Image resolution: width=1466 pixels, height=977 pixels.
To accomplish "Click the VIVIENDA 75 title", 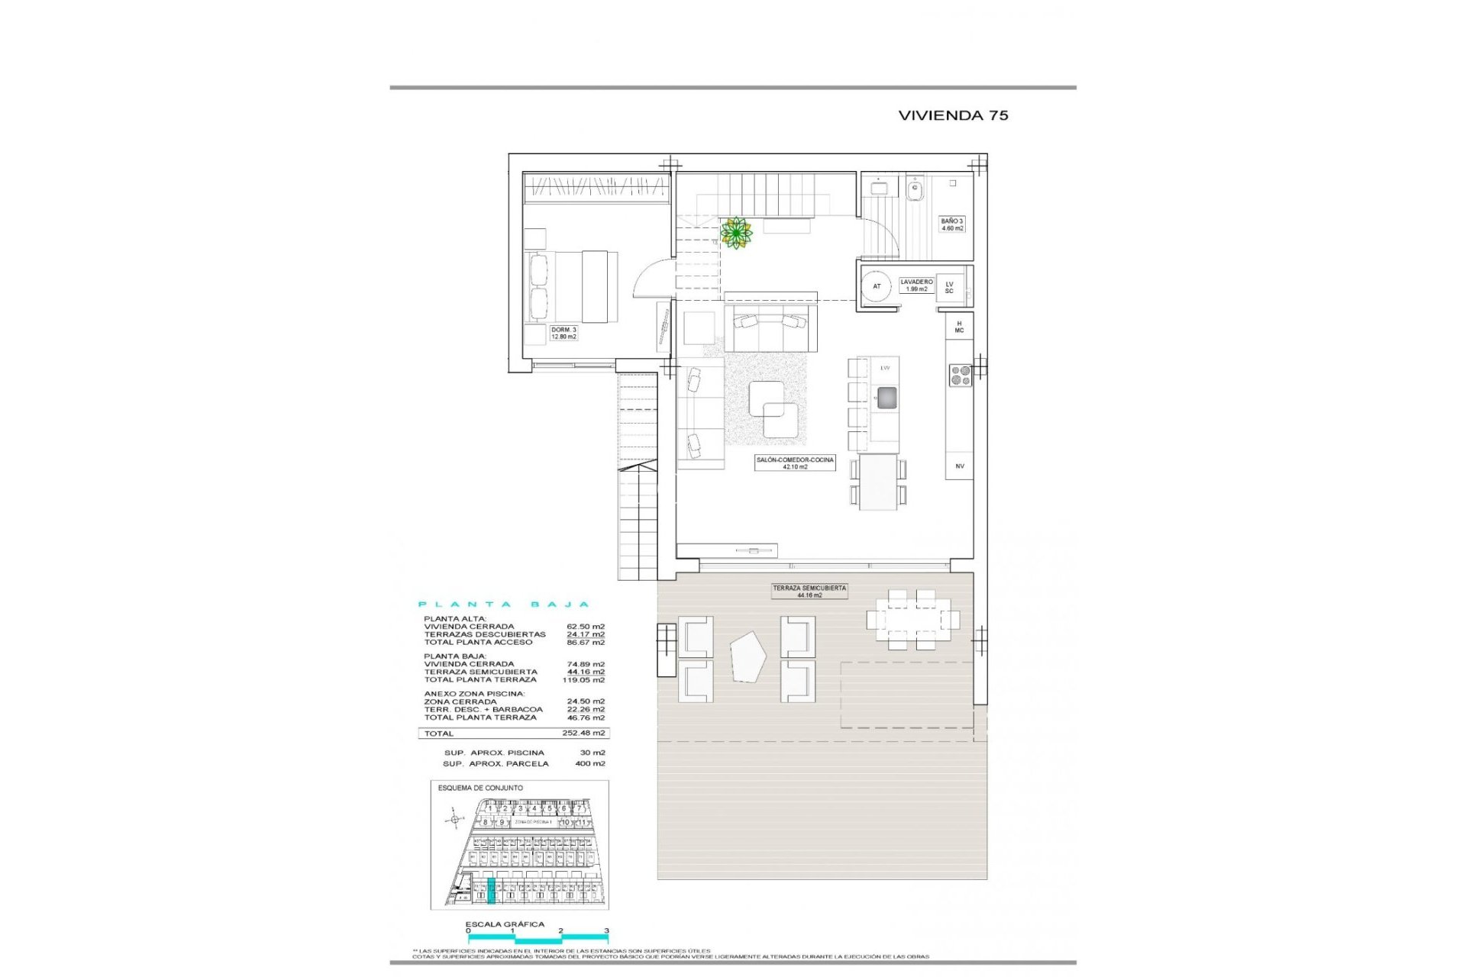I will (953, 115).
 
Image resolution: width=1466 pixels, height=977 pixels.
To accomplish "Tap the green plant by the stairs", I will (736, 233).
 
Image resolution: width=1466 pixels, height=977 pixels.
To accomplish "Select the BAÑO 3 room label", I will (952, 224).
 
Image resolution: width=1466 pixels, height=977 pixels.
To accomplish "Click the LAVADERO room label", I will (915, 285).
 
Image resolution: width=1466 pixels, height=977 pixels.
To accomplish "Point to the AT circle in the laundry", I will (877, 286).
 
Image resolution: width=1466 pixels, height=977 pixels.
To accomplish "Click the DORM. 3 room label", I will (564, 333).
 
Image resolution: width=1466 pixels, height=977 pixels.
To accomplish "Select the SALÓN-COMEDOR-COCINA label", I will (795, 463).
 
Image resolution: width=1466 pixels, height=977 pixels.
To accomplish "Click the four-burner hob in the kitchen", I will (960, 374).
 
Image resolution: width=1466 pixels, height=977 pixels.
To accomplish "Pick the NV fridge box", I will (960, 466).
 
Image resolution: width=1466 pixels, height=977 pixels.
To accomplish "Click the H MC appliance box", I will (959, 327).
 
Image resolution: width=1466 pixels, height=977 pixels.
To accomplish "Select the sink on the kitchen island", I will (886, 397).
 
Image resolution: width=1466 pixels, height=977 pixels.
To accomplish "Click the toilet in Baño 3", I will (915, 188).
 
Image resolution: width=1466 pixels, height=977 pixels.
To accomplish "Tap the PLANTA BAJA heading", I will (504, 605).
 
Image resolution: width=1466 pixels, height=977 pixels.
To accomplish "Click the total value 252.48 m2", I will (583, 733).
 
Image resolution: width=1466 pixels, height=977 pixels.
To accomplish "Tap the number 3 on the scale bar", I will (606, 930).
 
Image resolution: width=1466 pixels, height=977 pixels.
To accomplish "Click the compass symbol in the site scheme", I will (455, 821).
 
